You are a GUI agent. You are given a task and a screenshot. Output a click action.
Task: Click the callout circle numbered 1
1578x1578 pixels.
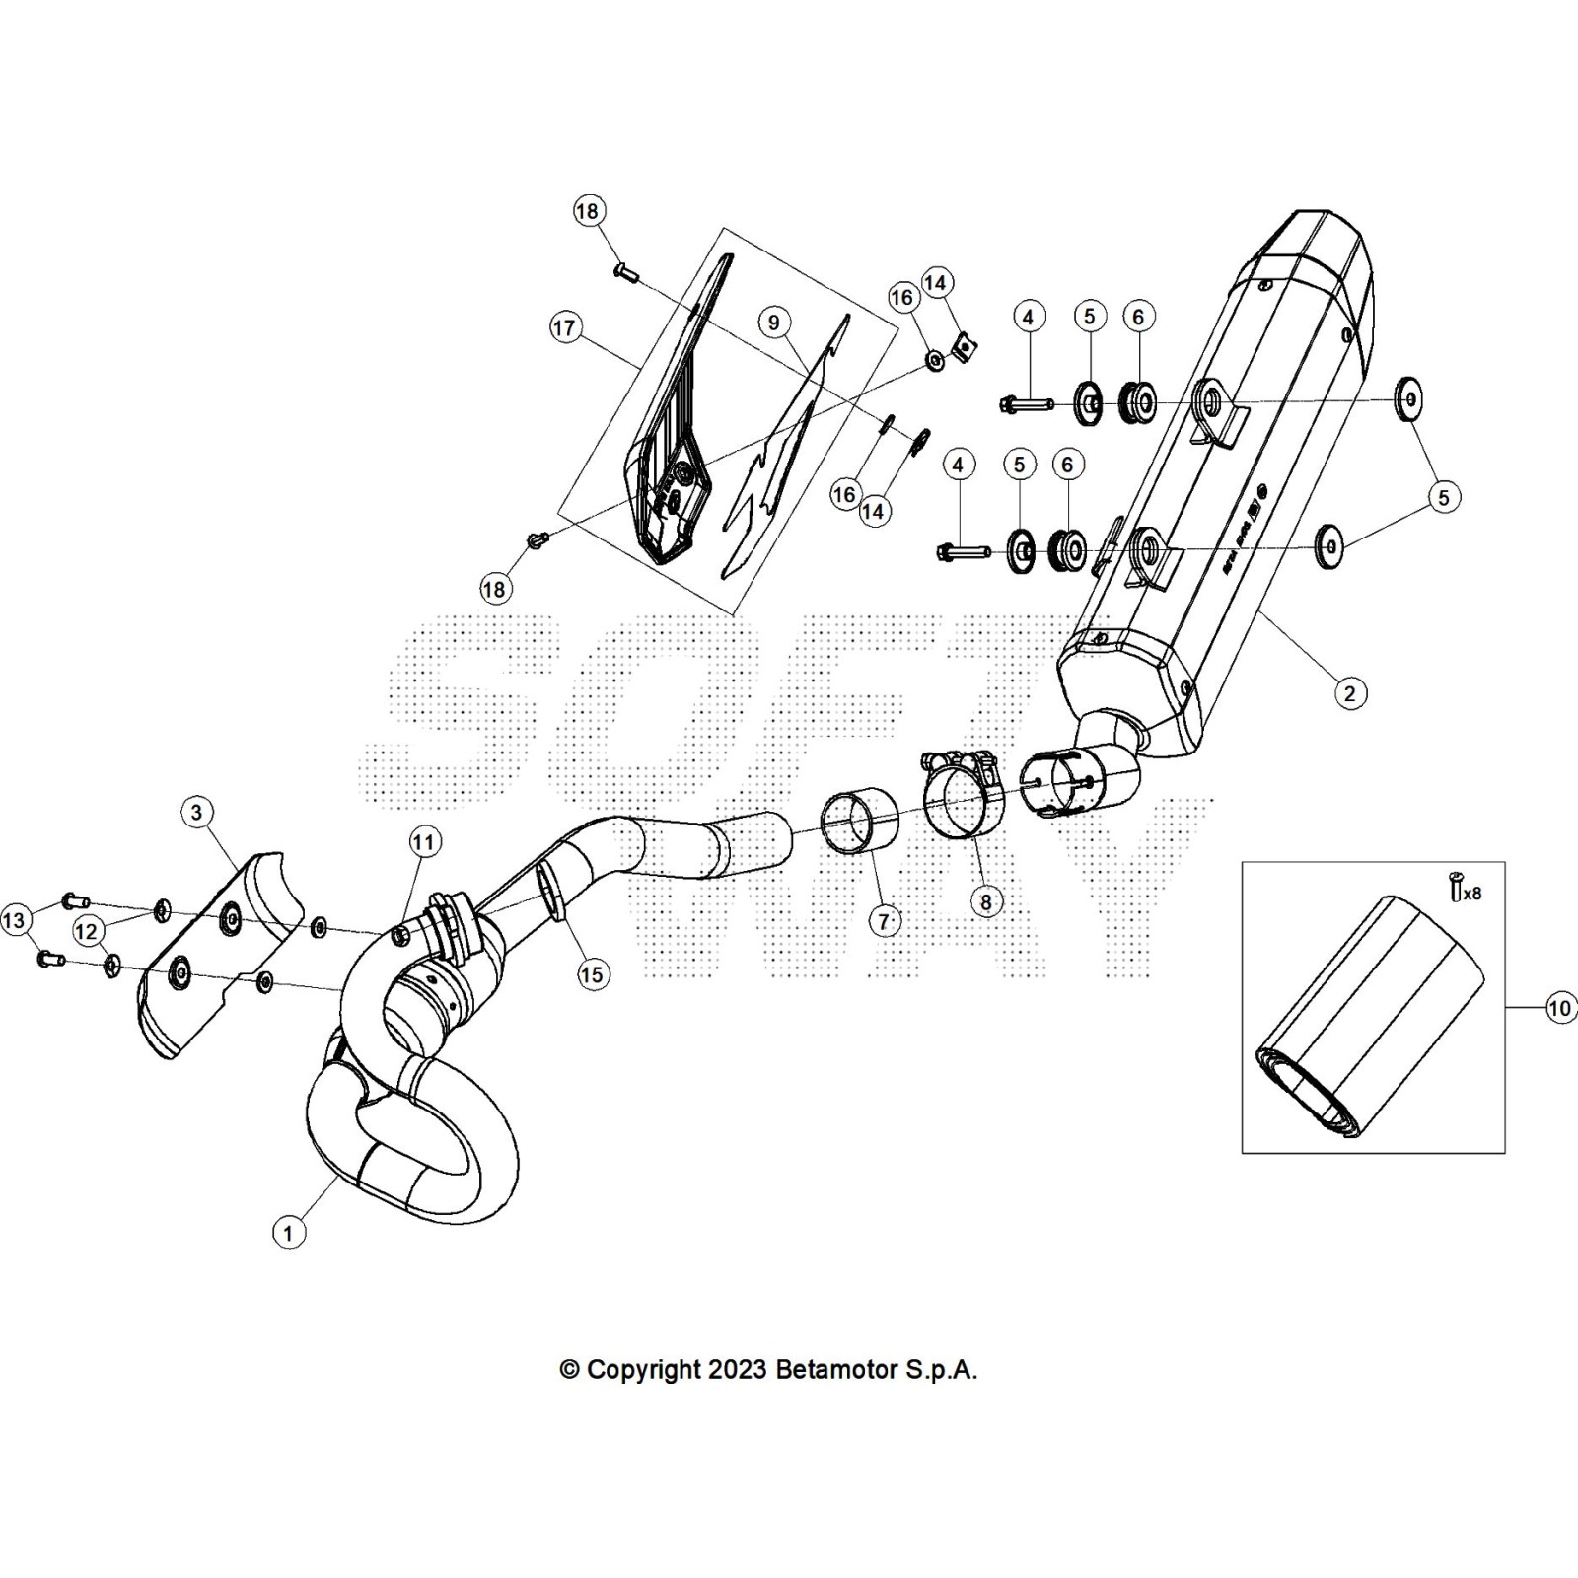[288, 1233]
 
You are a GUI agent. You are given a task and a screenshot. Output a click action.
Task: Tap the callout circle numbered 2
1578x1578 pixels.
[1349, 693]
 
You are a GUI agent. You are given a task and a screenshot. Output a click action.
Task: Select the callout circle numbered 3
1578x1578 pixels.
[197, 812]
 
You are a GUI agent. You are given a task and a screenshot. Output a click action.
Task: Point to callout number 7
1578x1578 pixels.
[884, 921]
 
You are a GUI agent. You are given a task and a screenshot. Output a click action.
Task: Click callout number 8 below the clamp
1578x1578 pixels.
[985, 900]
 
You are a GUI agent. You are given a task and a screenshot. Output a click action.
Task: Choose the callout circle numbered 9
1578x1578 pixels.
[773, 323]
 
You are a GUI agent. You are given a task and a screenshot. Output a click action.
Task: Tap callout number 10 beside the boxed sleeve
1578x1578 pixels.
[1559, 1008]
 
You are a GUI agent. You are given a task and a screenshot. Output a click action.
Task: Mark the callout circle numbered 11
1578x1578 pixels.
[423, 842]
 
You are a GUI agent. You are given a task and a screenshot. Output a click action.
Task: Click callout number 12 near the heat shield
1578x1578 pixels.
[87, 931]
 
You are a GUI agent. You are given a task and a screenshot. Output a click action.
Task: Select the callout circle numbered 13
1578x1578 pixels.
[14, 921]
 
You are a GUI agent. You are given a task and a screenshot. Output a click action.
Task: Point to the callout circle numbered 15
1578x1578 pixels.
[592, 974]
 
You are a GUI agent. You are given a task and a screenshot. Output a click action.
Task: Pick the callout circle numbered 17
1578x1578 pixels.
[565, 327]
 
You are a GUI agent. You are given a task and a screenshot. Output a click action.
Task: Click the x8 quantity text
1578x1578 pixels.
[1471, 894]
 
